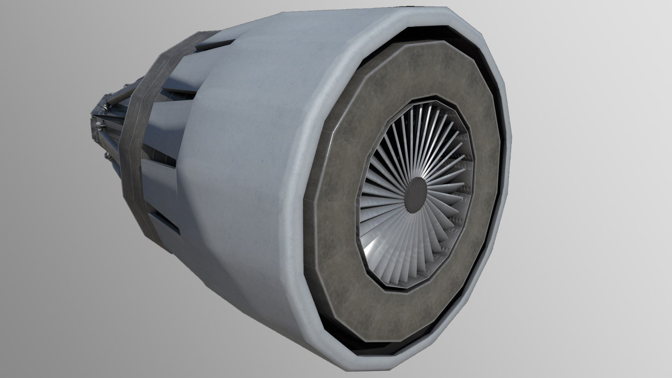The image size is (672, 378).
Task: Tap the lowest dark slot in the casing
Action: point(164,221)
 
